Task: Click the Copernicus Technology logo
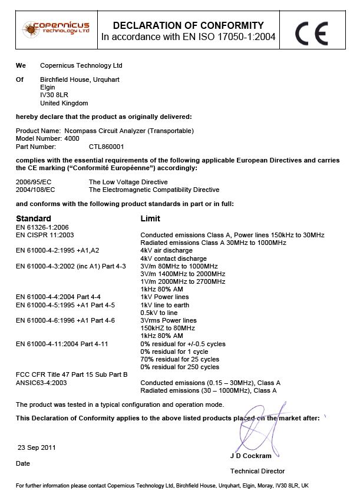tap(56, 28)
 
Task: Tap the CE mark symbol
tap(311, 33)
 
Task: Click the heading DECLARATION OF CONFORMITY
tap(188, 25)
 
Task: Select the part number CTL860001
tap(107, 146)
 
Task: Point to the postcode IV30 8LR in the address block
tap(52, 95)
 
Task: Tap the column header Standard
tap(34, 218)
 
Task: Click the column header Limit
tap(150, 218)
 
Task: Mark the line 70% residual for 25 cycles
tap(180, 359)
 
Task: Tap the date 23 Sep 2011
tap(37, 447)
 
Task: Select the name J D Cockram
tap(250, 456)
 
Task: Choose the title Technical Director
tap(257, 471)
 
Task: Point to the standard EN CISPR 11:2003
tap(45, 234)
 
